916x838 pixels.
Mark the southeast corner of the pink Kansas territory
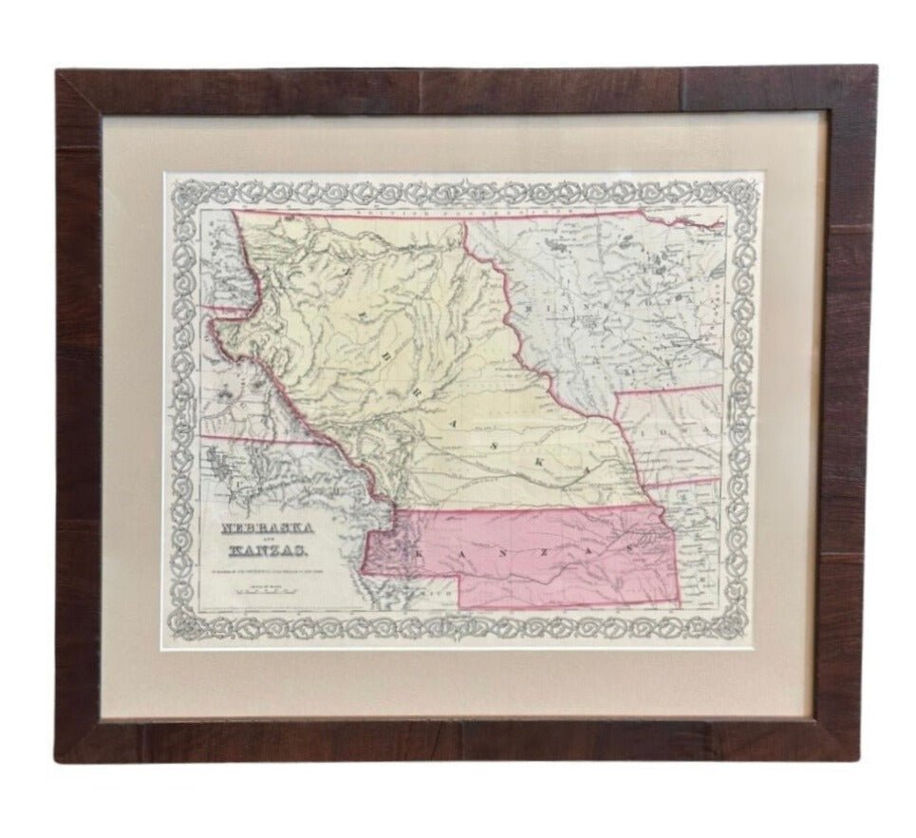[x=680, y=601]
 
